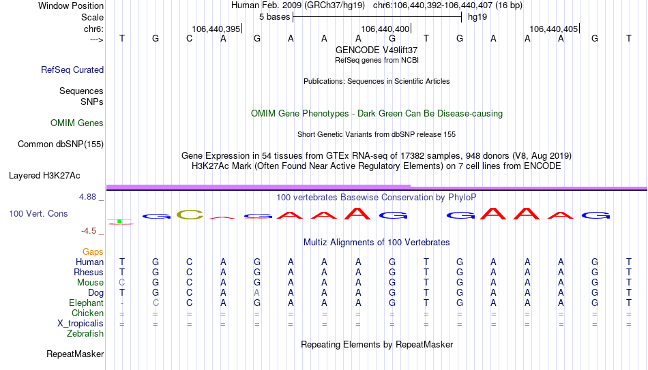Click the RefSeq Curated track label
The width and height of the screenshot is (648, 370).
coord(72,70)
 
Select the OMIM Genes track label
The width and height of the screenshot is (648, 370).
coord(77,123)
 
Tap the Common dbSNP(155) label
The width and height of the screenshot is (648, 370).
coord(61,144)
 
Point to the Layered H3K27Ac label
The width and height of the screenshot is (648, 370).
coord(44,176)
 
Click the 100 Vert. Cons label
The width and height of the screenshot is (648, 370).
coord(38,213)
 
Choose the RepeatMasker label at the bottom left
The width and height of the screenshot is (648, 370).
coord(75,354)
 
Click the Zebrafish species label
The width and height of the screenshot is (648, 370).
coord(85,333)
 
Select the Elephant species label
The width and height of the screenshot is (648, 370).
coord(86,303)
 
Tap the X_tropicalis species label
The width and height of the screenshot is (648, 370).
coord(80,324)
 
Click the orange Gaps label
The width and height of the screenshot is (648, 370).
coord(93,252)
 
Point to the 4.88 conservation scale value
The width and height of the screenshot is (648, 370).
coord(87,197)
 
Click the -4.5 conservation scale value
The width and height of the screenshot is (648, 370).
coord(89,231)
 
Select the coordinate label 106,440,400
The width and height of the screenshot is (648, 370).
coord(385,29)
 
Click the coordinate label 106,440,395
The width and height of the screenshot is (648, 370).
coord(216,29)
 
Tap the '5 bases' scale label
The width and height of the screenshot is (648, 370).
coord(274,17)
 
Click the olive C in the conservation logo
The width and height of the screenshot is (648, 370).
coord(190,215)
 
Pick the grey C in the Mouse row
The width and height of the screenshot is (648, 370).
coord(122,283)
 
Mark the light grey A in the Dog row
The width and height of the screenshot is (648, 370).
coord(257,293)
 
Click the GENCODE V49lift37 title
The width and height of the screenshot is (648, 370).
coord(377,50)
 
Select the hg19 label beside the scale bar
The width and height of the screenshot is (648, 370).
coord(477,17)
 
